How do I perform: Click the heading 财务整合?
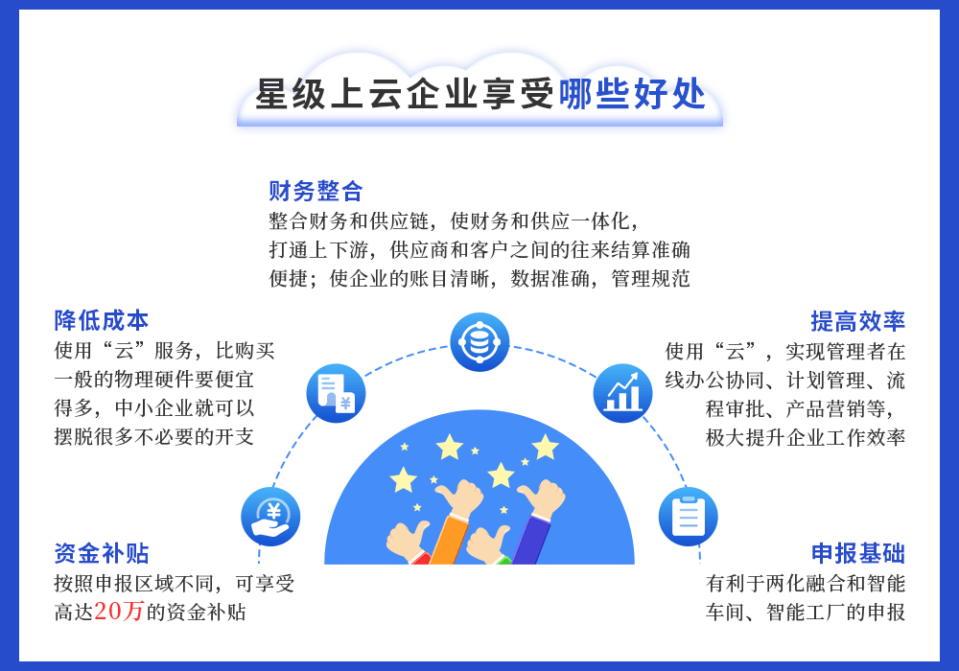pos(316,192)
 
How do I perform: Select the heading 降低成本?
pos(102,320)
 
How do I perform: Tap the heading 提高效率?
pos(857,321)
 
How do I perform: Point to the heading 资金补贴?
pos(102,553)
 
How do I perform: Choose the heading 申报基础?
pos(858,553)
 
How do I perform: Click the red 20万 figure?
pos(119,612)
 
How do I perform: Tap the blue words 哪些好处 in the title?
pos(632,94)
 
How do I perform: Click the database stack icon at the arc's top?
pos(479,342)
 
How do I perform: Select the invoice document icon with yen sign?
pos(336,394)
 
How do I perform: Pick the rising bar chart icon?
pos(622,394)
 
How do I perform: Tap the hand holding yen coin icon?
pos(270,517)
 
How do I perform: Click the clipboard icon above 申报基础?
pos(688,517)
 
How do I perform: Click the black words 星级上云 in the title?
pos(329,94)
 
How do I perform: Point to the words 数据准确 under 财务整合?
pos(550,279)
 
